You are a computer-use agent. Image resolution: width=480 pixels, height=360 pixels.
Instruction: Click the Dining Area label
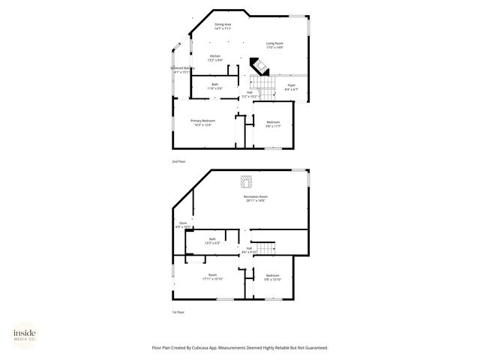(x=223, y=25)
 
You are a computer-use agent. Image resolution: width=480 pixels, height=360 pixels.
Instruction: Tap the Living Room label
(x=274, y=45)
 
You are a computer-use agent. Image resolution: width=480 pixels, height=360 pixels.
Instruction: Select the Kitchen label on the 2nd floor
(x=215, y=58)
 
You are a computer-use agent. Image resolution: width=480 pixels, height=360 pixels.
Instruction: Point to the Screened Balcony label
(x=182, y=70)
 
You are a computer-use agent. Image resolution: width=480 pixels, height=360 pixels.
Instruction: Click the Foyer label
(x=292, y=87)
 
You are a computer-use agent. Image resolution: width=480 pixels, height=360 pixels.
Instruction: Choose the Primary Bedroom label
(x=202, y=122)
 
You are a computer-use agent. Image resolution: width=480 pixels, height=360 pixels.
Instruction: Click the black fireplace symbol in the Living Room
(x=258, y=67)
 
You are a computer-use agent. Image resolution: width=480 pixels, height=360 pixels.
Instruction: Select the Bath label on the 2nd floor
(x=214, y=86)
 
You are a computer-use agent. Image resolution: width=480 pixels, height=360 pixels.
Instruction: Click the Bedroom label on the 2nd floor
(x=273, y=124)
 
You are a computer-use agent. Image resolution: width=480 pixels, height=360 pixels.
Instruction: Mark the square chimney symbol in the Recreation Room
(x=246, y=181)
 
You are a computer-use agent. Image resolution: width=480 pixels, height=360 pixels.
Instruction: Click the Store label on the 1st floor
(x=182, y=224)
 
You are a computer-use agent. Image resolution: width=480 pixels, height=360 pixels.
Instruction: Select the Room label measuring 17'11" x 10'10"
(x=212, y=277)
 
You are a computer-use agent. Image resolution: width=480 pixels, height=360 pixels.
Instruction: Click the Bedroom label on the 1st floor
(x=272, y=277)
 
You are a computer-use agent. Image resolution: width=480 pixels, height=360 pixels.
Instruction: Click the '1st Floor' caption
(x=178, y=312)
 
